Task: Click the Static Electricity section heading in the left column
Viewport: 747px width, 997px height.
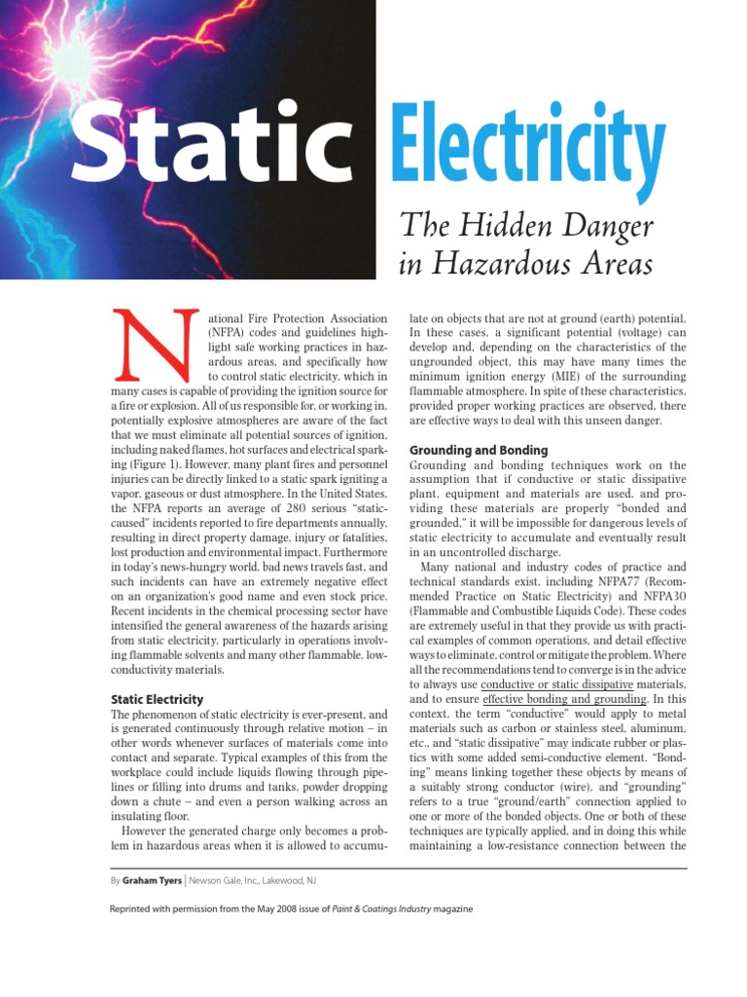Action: pyautogui.click(x=157, y=699)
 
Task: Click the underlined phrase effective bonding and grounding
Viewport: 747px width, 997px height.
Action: pyautogui.click(x=564, y=699)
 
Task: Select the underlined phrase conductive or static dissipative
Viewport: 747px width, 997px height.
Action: pyautogui.click(x=557, y=684)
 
